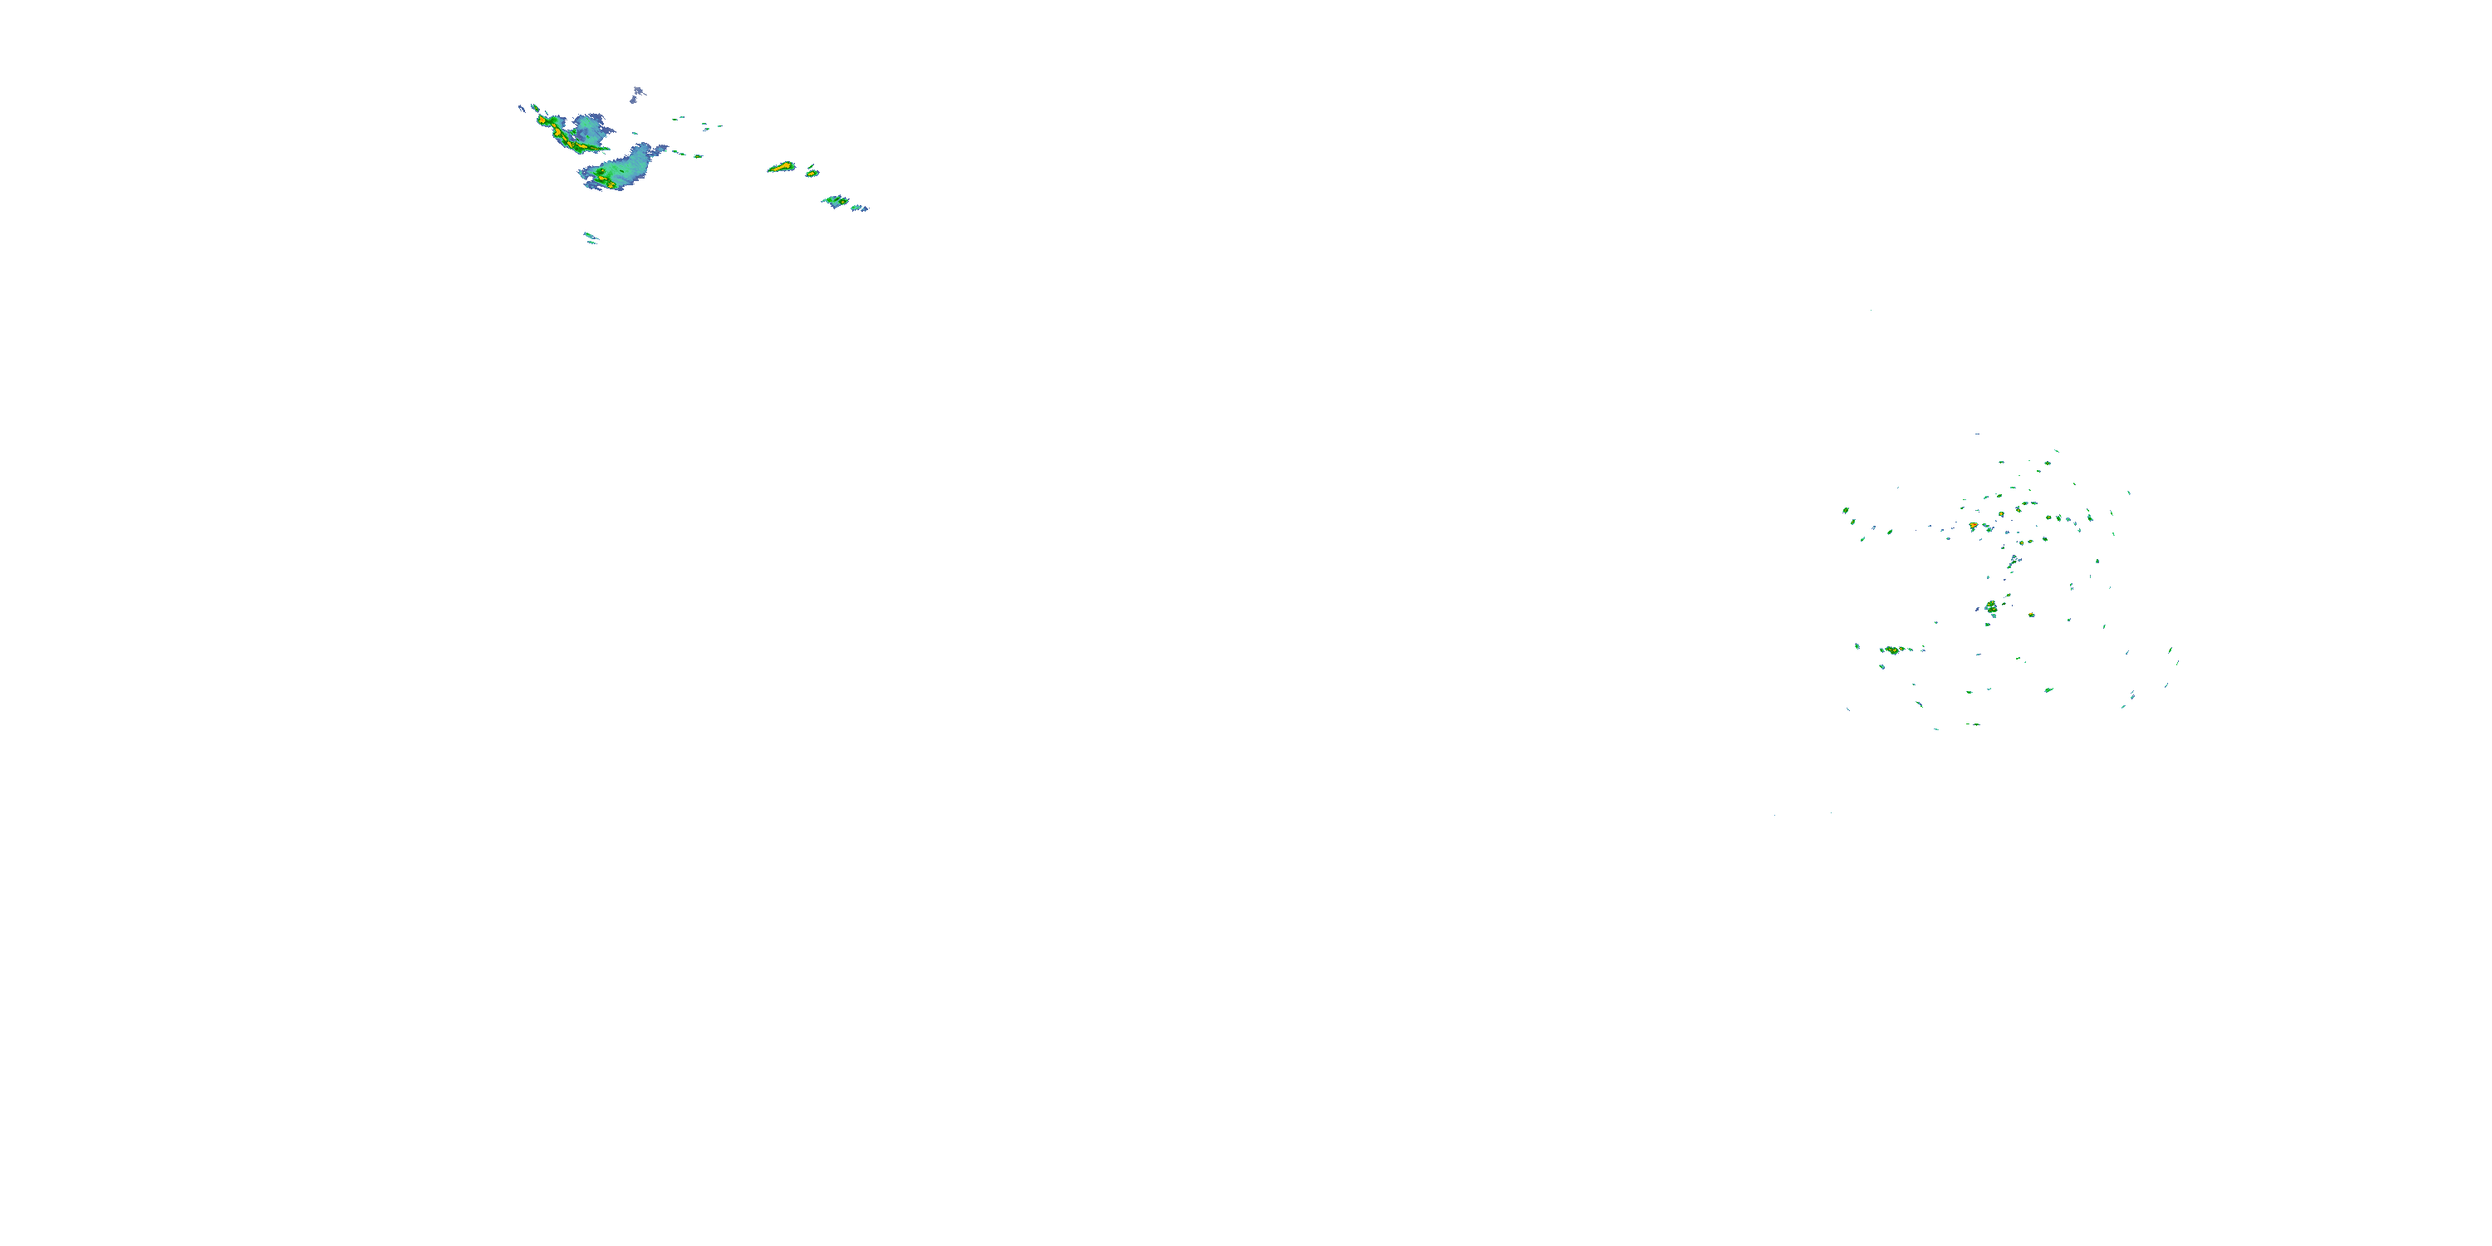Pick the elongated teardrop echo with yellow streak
pos(781,167)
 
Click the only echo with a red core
pos(1974,525)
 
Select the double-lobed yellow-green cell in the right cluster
pos(1991,607)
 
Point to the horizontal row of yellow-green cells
pos(1893,650)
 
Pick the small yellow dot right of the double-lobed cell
pos(2032,616)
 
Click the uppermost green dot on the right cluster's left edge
pos(1846,511)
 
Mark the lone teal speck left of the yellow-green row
pos(1857,646)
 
